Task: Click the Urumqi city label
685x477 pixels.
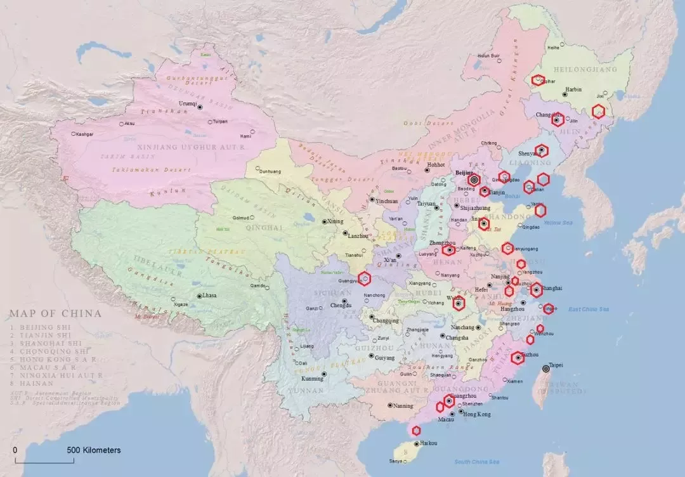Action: click(x=188, y=103)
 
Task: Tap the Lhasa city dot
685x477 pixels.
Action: click(x=198, y=296)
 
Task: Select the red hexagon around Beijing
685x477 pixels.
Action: click(x=474, y=180)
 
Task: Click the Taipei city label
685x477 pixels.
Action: click(x=556, y=365)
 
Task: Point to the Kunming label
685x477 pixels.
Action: click(x=311, y=379)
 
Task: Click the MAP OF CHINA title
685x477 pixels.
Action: click(x=55, y=313)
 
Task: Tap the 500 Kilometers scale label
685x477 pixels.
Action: click(x=93, y=450)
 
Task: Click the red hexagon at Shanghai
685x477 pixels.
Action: click(x=537, y=290)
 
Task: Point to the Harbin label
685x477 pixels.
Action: click(x=573, y=89)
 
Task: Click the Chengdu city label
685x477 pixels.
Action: click(x=341, y=306)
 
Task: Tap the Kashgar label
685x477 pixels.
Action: click(x=84, y=134)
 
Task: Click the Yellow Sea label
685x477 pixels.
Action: click(x=558, y=223)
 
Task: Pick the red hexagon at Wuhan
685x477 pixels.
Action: click(x=459, y=304)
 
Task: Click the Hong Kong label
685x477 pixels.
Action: click(x=477, y=414)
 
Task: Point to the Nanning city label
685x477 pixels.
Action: click(x=403, y=406)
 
